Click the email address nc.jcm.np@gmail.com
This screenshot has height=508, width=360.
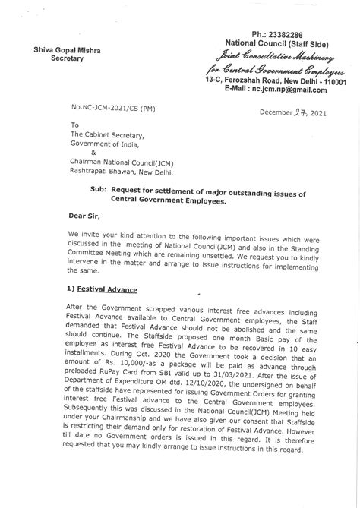click(x=290, y=90)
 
